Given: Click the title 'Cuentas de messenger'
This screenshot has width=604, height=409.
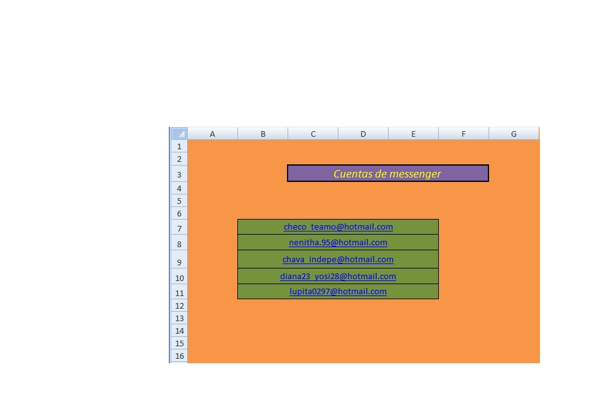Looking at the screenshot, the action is tap(387, 174).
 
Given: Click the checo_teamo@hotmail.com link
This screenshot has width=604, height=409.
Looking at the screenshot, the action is tap(338, 227).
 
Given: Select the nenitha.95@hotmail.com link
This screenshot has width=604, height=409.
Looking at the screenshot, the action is tap(338, 243).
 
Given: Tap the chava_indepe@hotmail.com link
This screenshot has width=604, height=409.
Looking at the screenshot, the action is tap(338, 260).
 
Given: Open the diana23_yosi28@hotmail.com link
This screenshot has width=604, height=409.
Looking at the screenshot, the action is tap(338, 277).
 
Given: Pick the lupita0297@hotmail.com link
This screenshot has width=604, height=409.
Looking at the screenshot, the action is tap(338, 292).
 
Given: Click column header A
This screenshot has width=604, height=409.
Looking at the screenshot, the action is tap(212, 134).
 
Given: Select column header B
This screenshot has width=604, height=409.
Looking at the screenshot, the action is tap(262, 134).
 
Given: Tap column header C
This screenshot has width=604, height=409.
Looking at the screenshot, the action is tap(313, 134).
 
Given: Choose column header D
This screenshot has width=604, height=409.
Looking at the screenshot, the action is tap(363, 134).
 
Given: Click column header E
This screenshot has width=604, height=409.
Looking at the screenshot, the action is tap(413, 134).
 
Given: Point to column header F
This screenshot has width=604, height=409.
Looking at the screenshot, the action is tap(463, 134).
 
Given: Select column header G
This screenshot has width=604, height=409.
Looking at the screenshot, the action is tap(514, 134).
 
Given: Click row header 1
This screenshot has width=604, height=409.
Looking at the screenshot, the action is tap(179, 147).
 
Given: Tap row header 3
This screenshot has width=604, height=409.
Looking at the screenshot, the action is tap(179, 174).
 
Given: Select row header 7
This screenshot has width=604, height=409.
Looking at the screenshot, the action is tap(179, 228).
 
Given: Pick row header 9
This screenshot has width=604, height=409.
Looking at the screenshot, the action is tap(179, 262).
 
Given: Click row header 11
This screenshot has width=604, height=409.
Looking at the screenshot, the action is tap(179, 293).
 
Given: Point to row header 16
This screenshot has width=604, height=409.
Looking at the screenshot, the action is tap(179, 356).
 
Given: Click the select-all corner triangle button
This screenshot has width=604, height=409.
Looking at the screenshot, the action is tap(179, 134).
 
